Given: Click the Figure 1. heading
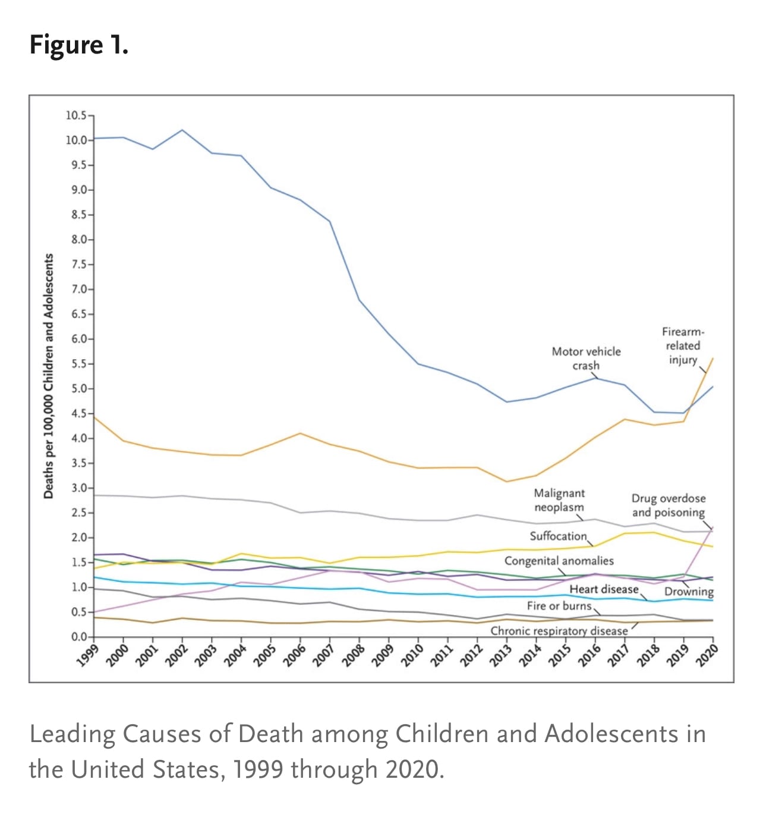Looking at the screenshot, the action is coord(79,45).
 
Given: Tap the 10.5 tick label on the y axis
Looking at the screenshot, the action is coord(76,115).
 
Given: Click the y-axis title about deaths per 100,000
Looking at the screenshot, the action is coord(49,376).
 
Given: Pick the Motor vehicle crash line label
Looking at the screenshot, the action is coord(586,359).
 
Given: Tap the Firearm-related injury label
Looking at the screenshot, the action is coord(683,345).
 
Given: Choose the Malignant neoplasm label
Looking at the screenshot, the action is coord(559,500).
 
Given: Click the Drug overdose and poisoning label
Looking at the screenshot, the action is coord(669,505).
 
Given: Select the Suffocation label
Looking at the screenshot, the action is coord(558,536).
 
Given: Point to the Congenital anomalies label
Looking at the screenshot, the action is coord(559,561).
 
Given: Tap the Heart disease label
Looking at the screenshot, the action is coord(604,589).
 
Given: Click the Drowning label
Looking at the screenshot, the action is coord(689,592).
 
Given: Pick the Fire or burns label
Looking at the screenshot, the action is coord(559,605).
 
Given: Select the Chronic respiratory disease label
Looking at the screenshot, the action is coord(559,631).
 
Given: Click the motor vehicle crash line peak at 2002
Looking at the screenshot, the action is coord(182,130).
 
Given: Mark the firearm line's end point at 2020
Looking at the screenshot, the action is coord(713,359).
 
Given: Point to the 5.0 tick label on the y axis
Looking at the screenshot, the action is coord(78,389).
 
